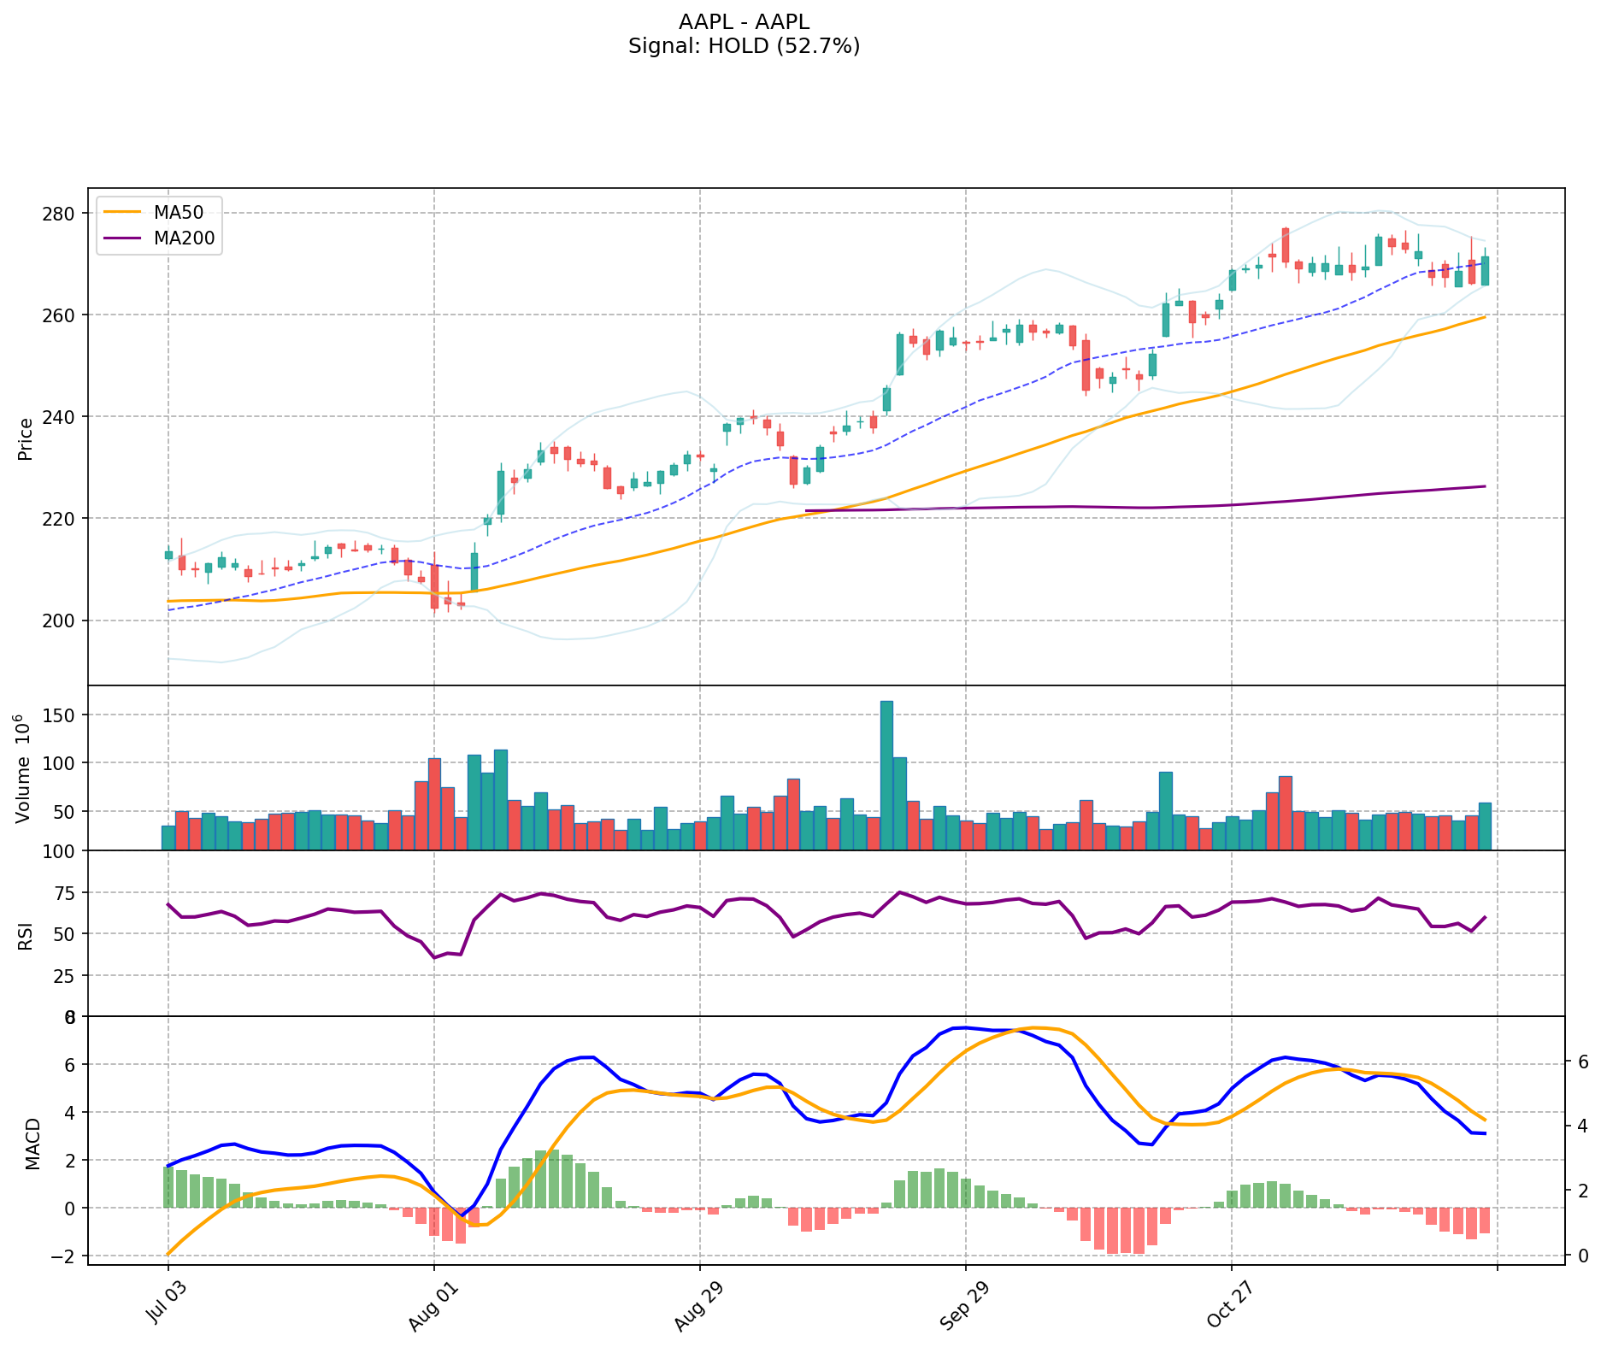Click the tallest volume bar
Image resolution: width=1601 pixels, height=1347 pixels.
tap(886, 775)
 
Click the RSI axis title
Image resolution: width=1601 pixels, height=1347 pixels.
tap(26, 935)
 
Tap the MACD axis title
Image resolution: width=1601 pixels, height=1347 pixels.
tap(32, 1143)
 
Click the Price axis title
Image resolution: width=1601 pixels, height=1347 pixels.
tap(26, 438)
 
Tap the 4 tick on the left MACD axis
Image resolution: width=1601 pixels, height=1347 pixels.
tap(71, 1113)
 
